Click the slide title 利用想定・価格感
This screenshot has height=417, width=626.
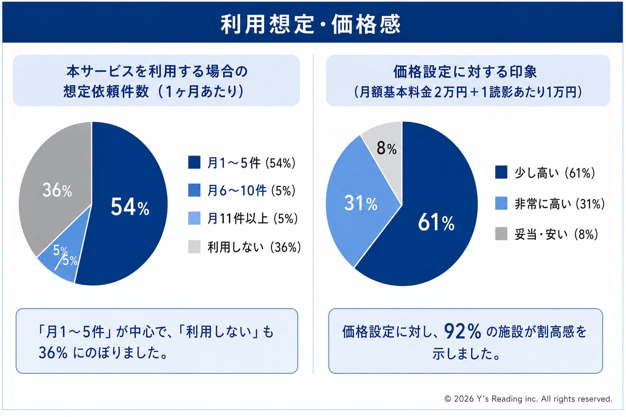click(x=311, y=24)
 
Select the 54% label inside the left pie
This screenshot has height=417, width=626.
click(x=130, y=207)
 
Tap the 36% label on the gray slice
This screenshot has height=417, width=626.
click(x=57, y=190)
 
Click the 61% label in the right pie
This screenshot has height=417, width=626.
click(x=436, y=222)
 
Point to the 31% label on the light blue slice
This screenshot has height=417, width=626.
click(x=361, y=203)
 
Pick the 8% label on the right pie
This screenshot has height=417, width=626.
click(x=386, y=148)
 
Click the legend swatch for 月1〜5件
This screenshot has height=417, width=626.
click(x=194, y=162)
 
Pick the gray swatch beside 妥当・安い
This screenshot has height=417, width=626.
click(x=501, y=234)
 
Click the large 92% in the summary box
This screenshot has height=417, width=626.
click(x=463, y=331)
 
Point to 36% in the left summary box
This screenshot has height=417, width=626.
click(x=53, y=353)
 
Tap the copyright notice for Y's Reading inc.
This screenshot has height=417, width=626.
click(x=528, y=399)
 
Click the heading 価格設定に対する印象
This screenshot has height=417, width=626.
click(x=465, y=72)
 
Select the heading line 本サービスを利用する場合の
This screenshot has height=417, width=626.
click(x=157, y=71)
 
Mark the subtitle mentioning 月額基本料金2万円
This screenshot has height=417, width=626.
click(x=468, y=92)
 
